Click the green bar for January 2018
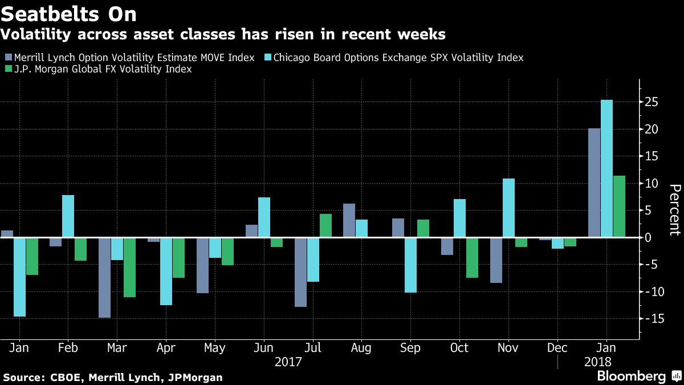pos(619,206)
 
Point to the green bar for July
pos(325,225)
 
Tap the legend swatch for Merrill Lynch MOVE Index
pos(8,58)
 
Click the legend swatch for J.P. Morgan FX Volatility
pos(8,69)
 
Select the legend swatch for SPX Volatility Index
pos(267,58)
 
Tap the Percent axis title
pos(674,210)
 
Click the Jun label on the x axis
pos(263,348)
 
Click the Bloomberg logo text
pos(631,376)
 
